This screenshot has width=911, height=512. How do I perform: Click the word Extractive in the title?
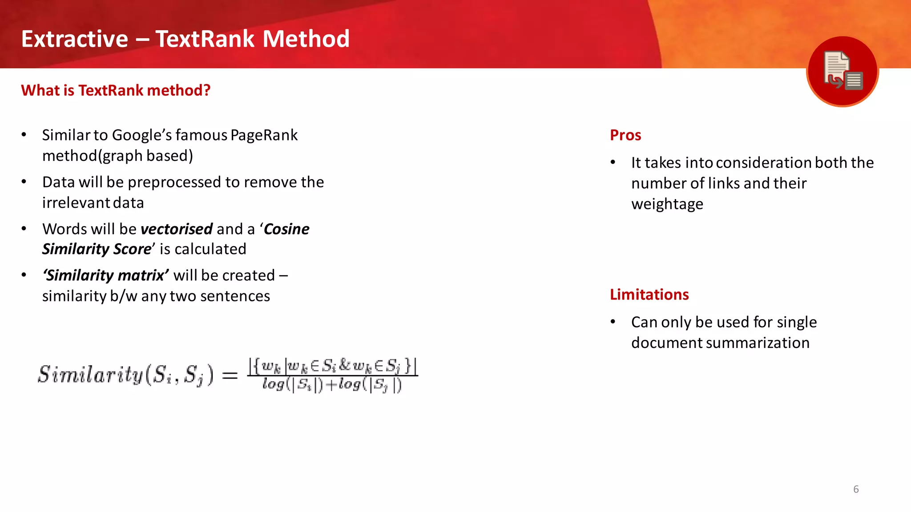[x=75, y=39]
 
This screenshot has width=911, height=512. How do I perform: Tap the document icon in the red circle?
[x=842, y=71]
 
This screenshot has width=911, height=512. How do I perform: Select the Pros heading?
[x=625, y=135]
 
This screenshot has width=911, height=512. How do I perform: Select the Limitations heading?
[x=649, y=295]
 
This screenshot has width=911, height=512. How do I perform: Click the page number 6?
[x=856, y=489]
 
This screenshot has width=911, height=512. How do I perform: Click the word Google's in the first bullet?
[x=141, y=135]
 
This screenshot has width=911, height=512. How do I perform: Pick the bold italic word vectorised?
[x=176, y=229]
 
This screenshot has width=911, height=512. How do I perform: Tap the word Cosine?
[x=286, y=229]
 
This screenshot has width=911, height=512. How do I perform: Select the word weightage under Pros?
[x=667, y=204]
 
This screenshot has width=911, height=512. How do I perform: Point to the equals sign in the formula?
[x=230, y=376]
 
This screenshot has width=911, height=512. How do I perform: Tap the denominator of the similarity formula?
[x=332, y=384]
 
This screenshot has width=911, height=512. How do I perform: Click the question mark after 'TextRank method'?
[x=206, y=91]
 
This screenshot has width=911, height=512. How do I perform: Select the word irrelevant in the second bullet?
[x=76, y=203]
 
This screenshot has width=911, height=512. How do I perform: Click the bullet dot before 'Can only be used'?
[x=613, y=322]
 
